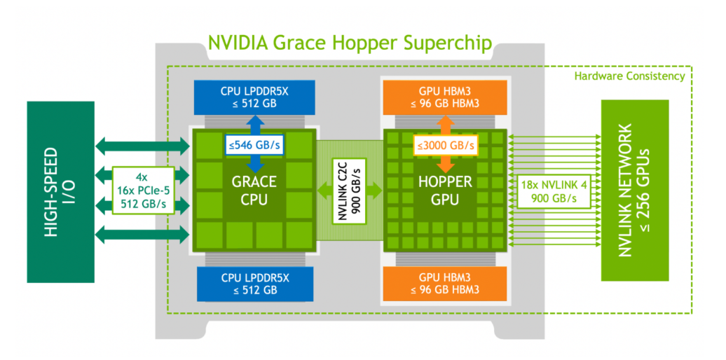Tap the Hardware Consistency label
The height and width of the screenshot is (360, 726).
point(629,76)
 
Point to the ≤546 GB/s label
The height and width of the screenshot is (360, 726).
point(254,145)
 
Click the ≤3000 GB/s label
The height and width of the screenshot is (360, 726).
point(446,145)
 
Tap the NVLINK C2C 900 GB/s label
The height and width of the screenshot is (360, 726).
point(350,191)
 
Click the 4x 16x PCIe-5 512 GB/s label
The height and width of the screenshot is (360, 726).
point(144,191)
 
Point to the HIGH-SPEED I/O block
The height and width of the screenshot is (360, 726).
point(61,192)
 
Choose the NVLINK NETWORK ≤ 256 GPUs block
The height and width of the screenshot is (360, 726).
point(635,191)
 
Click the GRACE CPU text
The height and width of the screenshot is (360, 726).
point(254,190)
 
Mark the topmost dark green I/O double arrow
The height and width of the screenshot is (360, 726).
point(143,146)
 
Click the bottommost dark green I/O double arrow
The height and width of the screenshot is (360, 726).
point(143,235)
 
